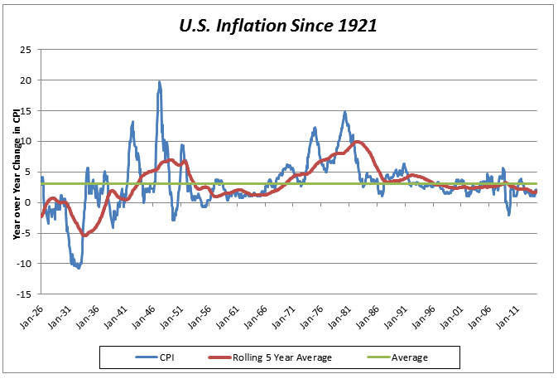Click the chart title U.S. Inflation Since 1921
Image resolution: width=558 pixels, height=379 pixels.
click(278, 25)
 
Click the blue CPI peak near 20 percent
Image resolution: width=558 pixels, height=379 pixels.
click(159, 81)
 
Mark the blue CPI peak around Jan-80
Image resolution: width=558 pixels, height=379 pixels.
click(344, 112)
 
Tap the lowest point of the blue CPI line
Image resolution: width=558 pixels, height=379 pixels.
click(78, 268)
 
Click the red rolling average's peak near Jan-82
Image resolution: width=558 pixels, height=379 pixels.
click(357, 142)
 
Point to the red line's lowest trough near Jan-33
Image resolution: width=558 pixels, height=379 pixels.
click(84, 236)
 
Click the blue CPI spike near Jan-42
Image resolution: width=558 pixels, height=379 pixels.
click(132, 122)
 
